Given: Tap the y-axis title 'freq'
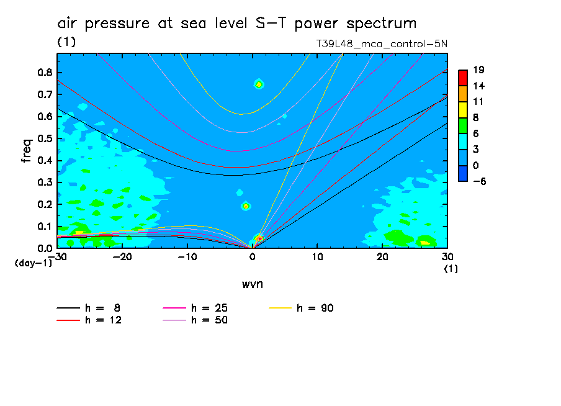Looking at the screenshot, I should pos(26,151).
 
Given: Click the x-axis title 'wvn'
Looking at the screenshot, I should pos(252,284).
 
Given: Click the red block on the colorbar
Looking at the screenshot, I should pos(462,78).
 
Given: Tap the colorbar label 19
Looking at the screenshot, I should pos(478,70).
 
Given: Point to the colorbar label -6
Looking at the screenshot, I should pos(478,181).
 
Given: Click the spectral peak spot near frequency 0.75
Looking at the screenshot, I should pos(259,84).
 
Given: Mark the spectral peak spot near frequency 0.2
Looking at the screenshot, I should pos(246,206).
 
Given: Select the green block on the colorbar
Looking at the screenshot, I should pos(462,125).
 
